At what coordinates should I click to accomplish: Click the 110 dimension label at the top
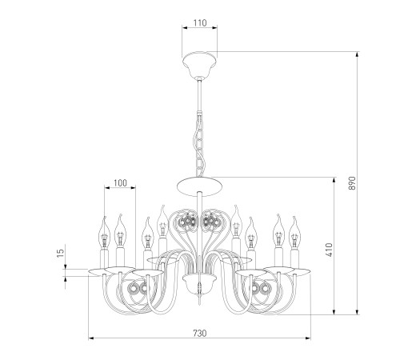click(x=200, y=23)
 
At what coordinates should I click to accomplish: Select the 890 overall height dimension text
click(x=352, y=183)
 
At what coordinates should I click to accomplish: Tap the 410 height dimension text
click(x=330, y=250)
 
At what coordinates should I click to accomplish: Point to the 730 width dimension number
click(x=200, y=333)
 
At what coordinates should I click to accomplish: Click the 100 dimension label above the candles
click(x=120, y=183)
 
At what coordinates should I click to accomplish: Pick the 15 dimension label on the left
click(x=61, y=253)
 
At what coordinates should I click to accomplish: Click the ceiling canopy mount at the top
click(x=199, y=65)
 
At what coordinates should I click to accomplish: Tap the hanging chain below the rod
click(x=199, y=145)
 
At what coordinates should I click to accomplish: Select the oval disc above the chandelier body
click(x=199, y=186)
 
